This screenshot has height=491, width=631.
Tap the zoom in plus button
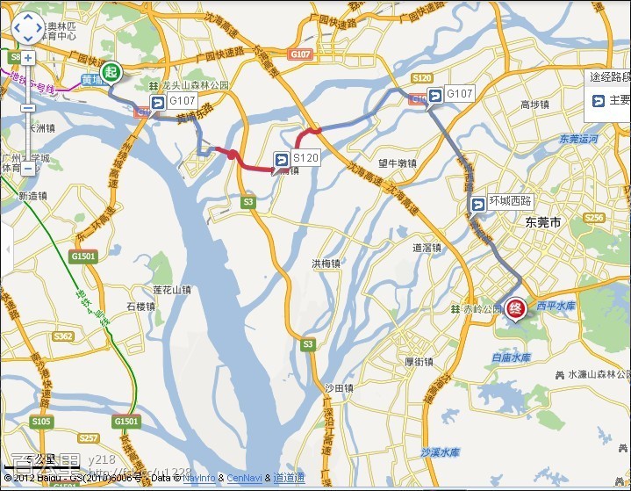click(x=27, y=59)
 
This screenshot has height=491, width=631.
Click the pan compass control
click(x=27, y=29)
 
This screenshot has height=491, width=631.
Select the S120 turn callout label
click(x=297, y=158)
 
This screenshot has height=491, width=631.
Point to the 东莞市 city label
click(x=541, y=223)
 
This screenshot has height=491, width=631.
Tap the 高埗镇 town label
click(x=534, y=105)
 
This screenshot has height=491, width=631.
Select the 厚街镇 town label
click(x=419, y=362)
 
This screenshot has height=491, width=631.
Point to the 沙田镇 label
click(x=338, y=387)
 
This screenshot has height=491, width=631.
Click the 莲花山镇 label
click(x=172, y=289)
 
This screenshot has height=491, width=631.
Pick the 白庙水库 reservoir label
click(x=511, y=357)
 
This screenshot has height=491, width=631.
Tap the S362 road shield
click(x=63, y=336)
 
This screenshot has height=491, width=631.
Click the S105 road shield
click(x=41, y=422)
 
